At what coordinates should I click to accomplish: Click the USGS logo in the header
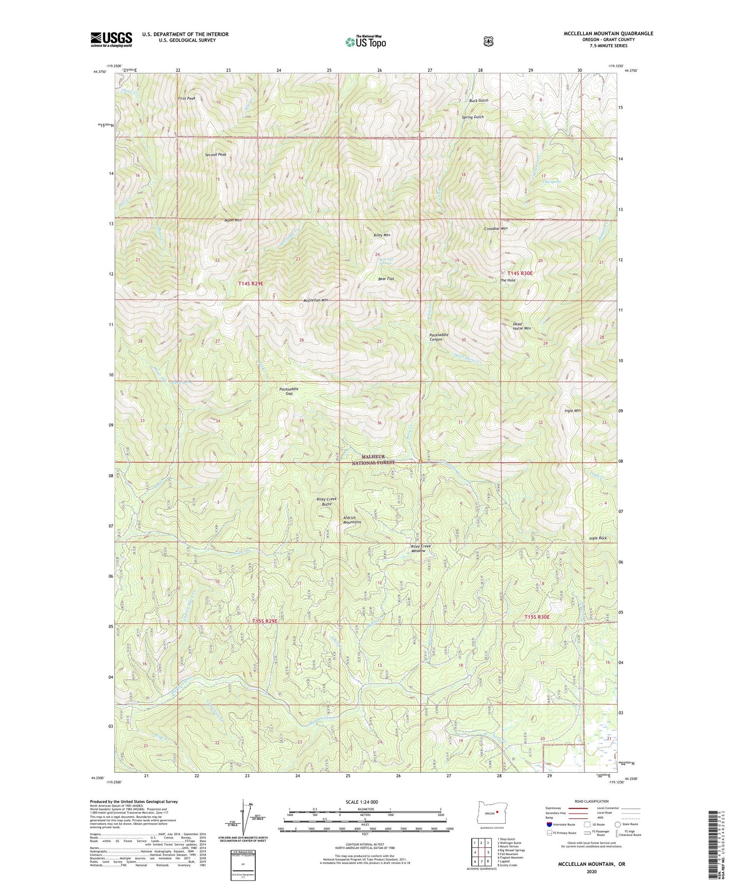click(x=111, y=39)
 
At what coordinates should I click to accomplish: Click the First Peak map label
click(x=187, y=99)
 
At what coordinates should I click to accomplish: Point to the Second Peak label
click(x=215, y=155)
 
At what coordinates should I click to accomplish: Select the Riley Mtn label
click(x=382, y=235)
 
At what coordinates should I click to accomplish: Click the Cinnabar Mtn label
click(x=496, y=229)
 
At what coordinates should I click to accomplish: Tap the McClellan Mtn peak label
click(x=316, y=300)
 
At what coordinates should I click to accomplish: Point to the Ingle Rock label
click(x=598, y=539)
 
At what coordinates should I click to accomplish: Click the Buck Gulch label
click(x=478, y=101)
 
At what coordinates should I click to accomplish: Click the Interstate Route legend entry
click(x=560, y=825)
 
